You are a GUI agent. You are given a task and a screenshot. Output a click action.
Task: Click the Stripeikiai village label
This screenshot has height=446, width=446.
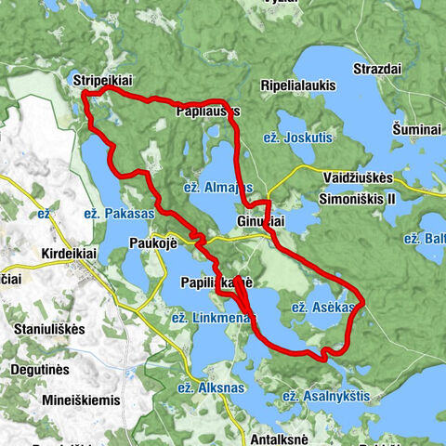coord(102,82)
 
